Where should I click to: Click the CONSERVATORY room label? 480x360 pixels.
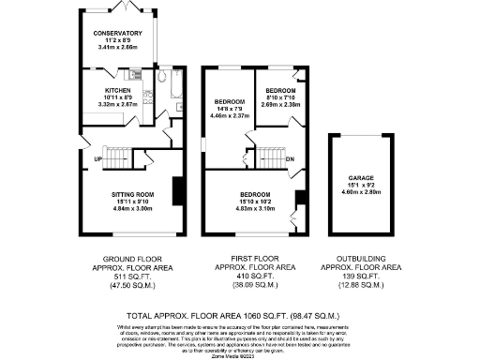click(117, 33)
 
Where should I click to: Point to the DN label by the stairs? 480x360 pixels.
click(290, 158)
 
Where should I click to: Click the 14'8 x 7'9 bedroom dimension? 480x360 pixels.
click(229, 109)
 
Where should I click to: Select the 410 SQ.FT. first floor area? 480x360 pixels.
click(252, 277)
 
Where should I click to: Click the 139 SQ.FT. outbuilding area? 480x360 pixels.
click(360, 277)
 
